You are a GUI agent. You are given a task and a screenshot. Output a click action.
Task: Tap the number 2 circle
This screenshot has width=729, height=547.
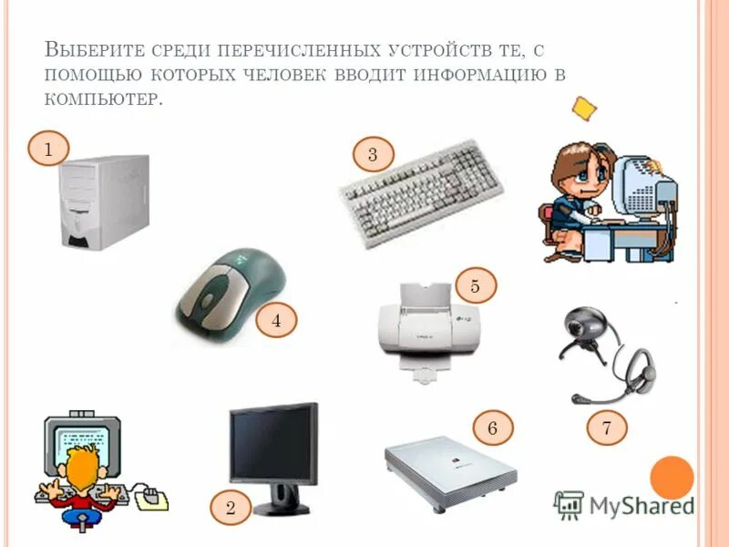click(x=231, y=508)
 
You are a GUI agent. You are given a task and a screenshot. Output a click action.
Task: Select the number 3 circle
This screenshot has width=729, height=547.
click(x=372, y=155)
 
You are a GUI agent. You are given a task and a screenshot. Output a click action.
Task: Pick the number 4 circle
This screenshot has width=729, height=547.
click(x=277, y=320)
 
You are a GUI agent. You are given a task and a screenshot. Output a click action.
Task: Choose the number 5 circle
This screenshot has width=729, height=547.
click(x=475, y=286)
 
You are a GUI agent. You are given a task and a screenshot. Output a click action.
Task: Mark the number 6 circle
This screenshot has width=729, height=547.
click(x=493, y=427)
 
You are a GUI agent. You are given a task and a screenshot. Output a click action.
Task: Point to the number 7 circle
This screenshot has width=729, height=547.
click(x=605, y=427)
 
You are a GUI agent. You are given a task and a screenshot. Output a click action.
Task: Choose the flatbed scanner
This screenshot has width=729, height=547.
click(x=450, y=469)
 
